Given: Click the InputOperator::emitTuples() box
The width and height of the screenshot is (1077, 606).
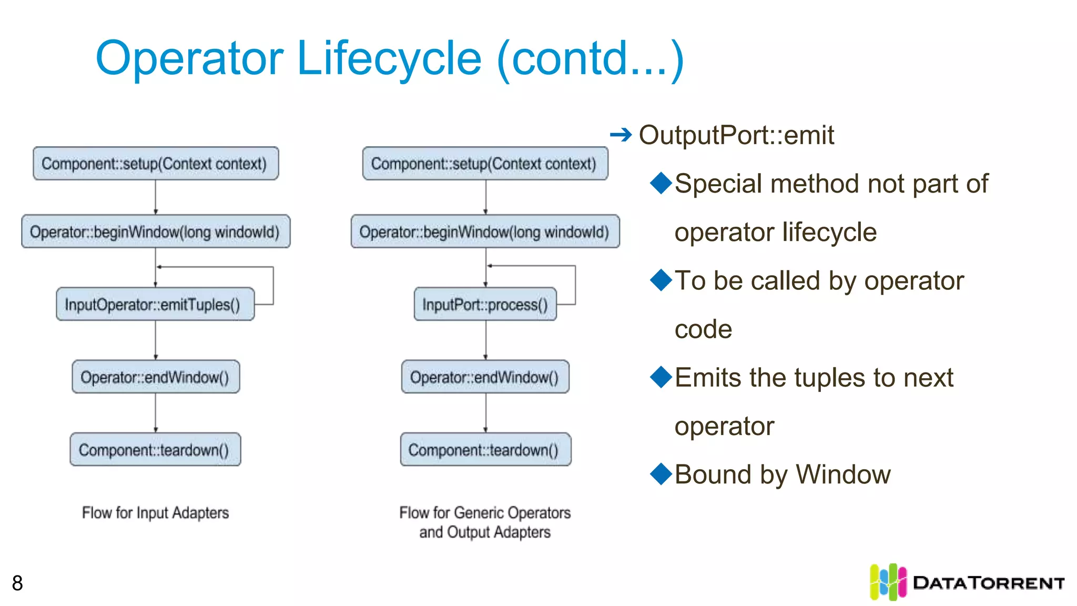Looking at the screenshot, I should coord(155,304).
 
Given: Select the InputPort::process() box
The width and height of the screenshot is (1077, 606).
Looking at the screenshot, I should coord(485,304).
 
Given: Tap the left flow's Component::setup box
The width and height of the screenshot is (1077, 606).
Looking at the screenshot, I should coord(156,164).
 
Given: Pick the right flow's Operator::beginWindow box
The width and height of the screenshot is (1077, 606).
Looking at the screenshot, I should coord(485,231).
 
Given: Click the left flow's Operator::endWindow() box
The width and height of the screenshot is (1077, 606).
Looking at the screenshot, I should coord(156,377).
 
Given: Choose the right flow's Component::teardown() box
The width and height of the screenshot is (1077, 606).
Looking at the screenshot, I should coord(485,450).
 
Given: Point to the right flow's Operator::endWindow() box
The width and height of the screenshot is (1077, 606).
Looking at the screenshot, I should coord(485,377).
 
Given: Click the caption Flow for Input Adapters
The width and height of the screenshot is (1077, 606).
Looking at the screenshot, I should coord(155,512).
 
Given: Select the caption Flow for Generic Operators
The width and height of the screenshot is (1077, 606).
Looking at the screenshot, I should coord(485,512).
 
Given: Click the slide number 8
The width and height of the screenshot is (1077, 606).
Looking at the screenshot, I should coord(17,583).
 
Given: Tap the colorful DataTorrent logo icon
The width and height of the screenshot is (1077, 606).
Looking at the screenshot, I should coord(888,582).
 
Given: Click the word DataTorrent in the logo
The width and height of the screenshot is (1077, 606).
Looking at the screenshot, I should coord(989,583).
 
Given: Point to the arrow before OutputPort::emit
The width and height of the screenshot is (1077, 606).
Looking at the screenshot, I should coord(621,135).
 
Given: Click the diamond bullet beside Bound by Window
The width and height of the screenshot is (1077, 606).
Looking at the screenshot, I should coord(661,473).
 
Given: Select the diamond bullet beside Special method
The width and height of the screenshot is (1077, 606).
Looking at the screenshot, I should coord(661,183).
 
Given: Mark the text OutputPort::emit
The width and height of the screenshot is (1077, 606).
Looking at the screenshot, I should coord(736,135).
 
